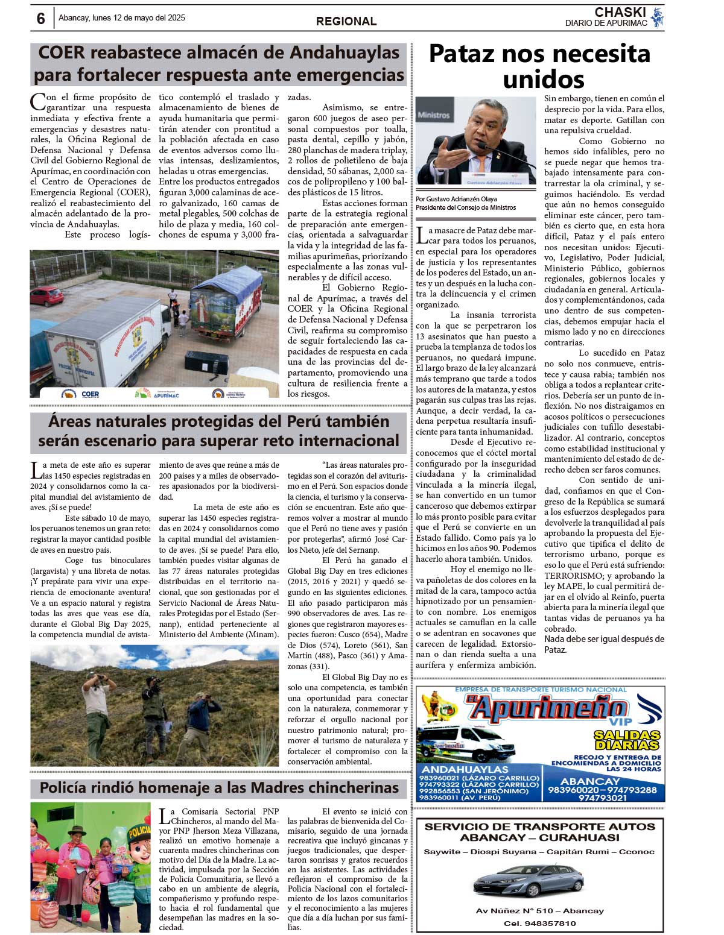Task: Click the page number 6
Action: click(40, 19)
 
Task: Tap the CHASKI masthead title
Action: click(620, 12)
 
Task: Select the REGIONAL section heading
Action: click(346, 21)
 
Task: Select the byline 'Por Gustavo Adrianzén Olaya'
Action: click(456, 199)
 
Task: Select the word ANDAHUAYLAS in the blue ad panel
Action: click(465, 769)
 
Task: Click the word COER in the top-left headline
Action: click(62, 53)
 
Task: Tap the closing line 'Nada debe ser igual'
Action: click(604, 639)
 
